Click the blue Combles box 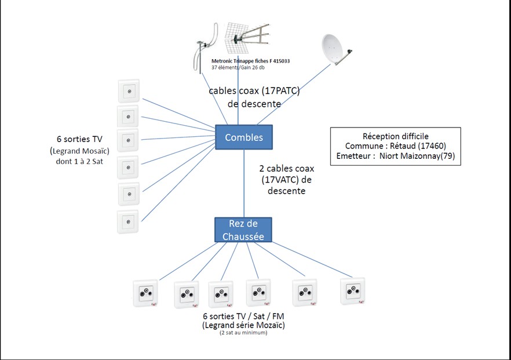coord(244,137)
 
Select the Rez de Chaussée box coord(243,230)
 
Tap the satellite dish coord(336,50)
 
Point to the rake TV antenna coord(247,38)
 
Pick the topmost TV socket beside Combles coord(129,91)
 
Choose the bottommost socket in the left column coord(128,221)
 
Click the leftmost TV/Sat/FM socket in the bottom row coord(145,293)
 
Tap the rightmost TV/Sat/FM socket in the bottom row coord(353,291)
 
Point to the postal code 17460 coord(432,146)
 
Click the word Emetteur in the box coord(353,156)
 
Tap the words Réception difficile coord(396,136)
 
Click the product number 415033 coord(282,61)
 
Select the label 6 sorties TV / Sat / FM coord(243,316)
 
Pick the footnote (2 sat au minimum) coord(243,333)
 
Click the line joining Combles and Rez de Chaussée coord(244,184)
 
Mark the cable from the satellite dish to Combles coord(294,94)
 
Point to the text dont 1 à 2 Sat coord(79,161)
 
